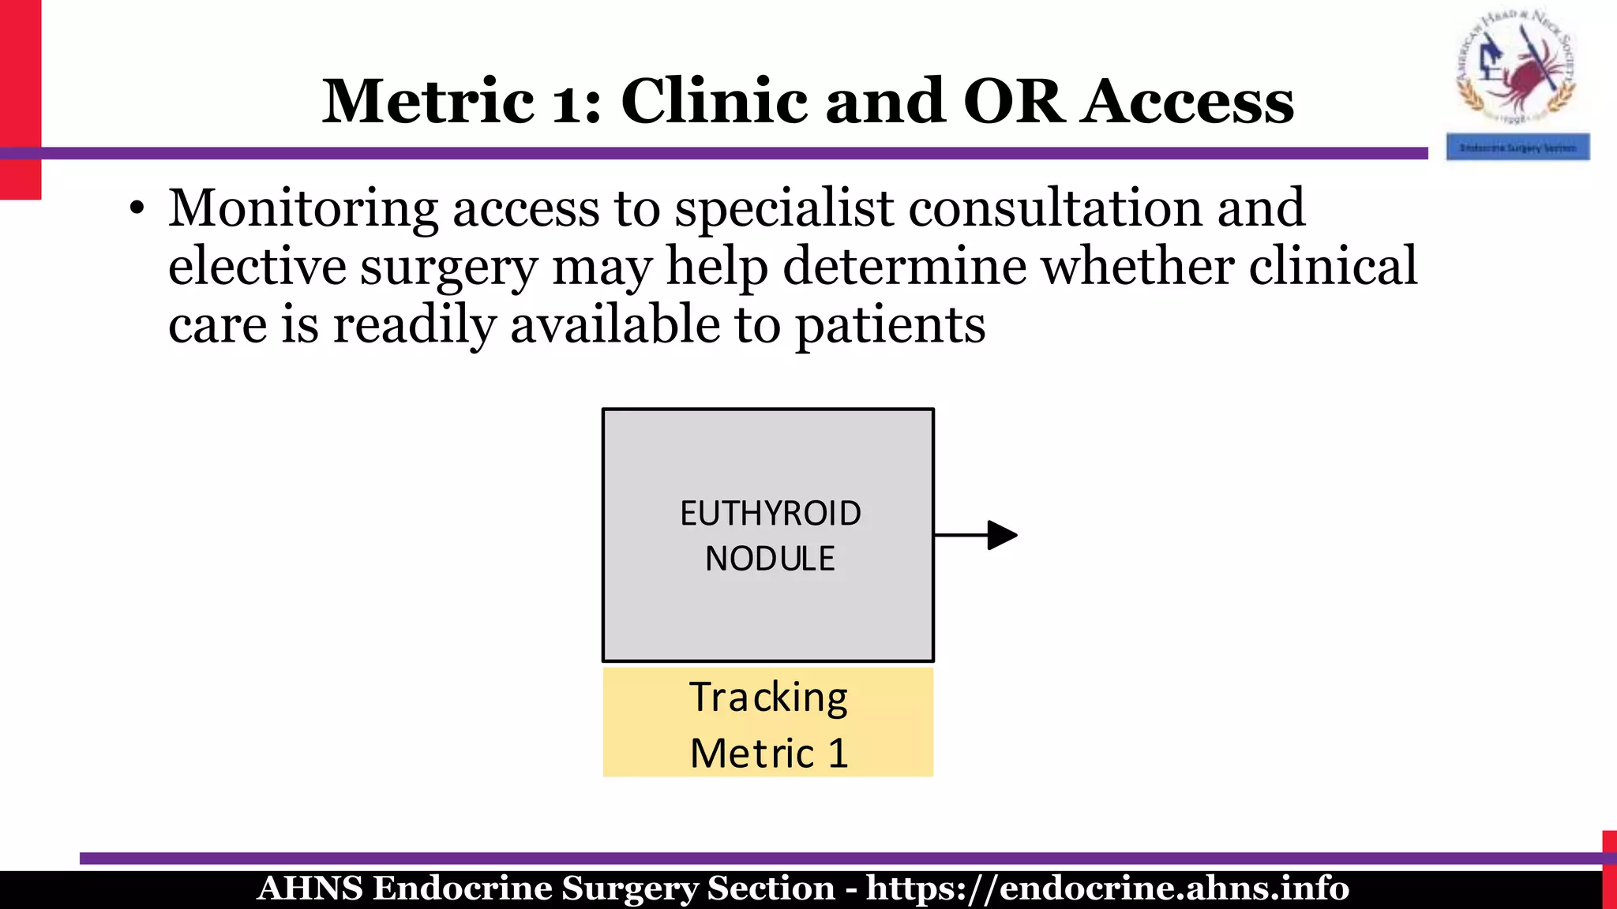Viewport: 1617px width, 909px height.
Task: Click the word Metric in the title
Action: pos(428,103)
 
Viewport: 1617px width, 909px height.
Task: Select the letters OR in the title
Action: pos(1013,103)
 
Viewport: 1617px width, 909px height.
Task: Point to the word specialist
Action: pos(784,209)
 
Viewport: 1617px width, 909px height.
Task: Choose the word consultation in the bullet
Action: pos(1055,209)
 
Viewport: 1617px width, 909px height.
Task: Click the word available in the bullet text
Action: pos(615,325)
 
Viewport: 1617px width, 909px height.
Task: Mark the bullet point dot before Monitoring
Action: pos(137,210)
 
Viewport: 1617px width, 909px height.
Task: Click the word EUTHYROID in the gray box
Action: pos(770,514)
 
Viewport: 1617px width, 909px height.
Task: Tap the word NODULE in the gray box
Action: pos(770,559)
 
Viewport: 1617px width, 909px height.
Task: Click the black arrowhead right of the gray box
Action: pos(1001,535)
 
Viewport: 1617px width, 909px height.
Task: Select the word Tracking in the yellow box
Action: pos(768,698)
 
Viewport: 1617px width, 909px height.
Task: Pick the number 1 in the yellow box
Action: pos(838,753)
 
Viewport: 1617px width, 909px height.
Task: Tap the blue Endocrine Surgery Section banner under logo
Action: pos(1517,148)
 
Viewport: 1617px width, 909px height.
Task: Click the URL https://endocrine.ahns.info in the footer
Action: pos(1107,888)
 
